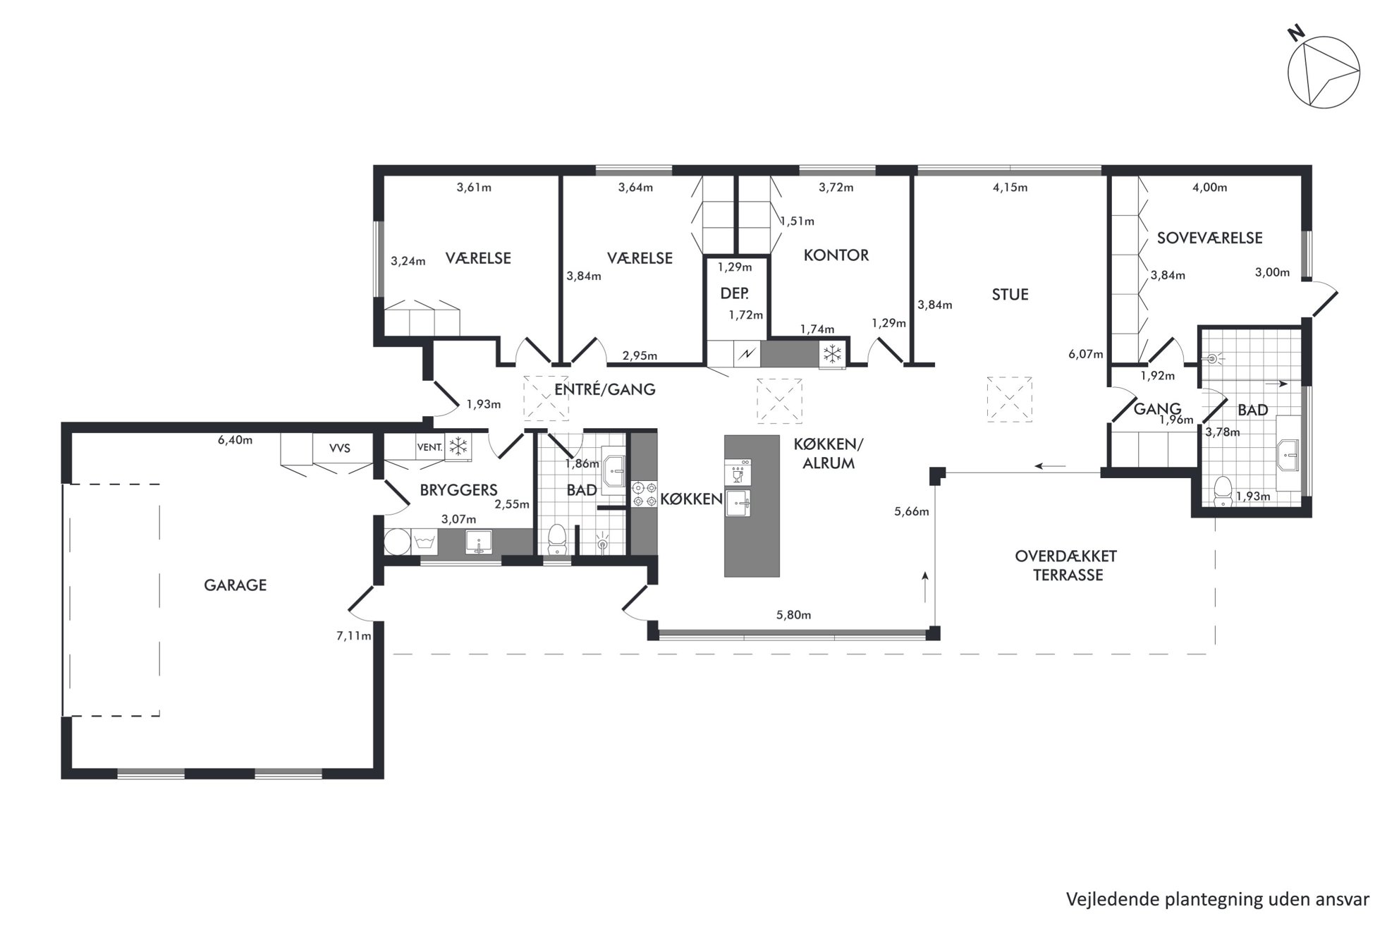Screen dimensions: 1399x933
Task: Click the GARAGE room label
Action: click(x=235, y=585)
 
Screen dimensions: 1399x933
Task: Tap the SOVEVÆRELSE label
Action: click(x=1209, y=238)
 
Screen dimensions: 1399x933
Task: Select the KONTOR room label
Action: click(x=836, y=255)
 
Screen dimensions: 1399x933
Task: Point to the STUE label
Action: click(x=1010, y=295)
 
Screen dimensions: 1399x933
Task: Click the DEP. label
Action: click(x=734, y=293)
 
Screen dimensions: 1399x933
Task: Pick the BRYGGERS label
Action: click(x=458, y=490)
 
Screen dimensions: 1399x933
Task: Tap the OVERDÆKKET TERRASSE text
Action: click(x=1066, y=566)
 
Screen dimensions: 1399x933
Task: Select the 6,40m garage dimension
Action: click(x=235, y=441)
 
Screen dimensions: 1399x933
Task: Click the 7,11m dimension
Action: click(x=353, y=636)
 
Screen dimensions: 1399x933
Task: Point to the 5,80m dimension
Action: click(x=793, y=615)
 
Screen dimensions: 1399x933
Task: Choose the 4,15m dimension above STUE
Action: click(x=1010, y=188)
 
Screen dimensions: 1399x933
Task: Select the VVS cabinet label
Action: click(x=339, y=449)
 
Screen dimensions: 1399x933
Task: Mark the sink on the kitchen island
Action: click(x=738, y=504)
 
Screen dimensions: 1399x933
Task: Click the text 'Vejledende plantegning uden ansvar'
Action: click(x=1218, y=899)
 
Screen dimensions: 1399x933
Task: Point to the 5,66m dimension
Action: click(x=912, y=512)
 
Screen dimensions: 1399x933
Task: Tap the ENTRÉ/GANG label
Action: click(x=604, y=389)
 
